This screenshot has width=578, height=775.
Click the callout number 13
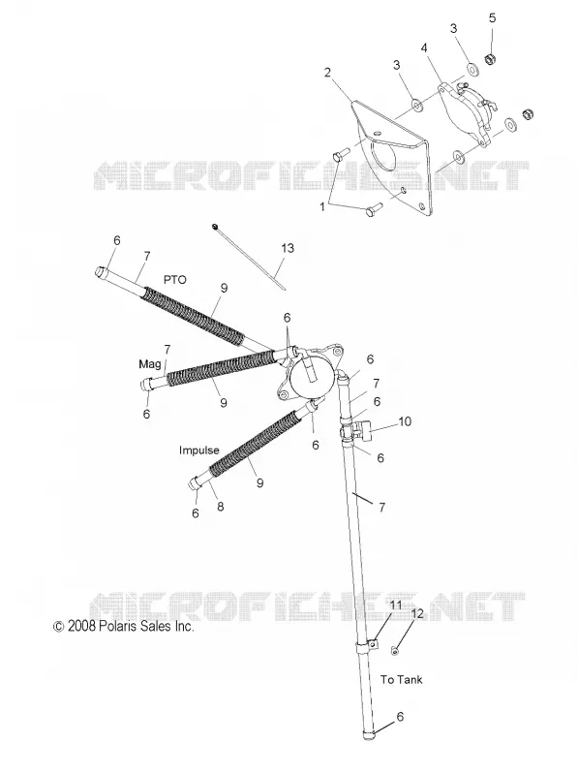[x=287, y=248]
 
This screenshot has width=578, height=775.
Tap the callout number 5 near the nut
[x=492, y=17]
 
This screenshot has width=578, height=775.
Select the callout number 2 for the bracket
[x=327, y=72]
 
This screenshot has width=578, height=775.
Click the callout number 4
[x=424, y=47]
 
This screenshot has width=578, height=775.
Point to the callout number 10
[x=405, y=421]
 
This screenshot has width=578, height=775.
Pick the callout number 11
[x=396, y=604]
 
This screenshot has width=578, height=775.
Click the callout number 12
[x=417, y=614]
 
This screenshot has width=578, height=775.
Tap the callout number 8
[x=221, y=506]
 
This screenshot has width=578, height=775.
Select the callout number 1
[x=322, y=206]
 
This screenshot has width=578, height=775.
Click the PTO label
[x=175, y=280]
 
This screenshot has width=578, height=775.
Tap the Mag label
[x=150, y=364]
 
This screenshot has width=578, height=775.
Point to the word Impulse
[x=199, y=450]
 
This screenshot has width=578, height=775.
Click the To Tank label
[x=401, y=680]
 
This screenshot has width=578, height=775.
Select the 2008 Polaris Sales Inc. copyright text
[x=124, y=626]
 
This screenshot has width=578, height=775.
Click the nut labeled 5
[x=491, y=59]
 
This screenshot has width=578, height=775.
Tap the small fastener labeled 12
[x=395, y=651]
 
